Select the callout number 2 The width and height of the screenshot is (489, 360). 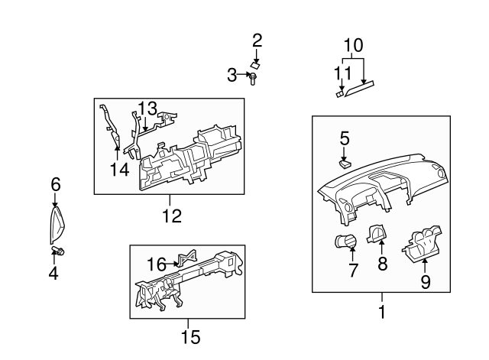[257, 40]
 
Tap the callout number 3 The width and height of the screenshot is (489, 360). [232, 74]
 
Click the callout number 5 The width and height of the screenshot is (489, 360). [345, 138]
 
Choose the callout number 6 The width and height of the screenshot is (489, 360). [55, 184]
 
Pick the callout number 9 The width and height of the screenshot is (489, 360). [426, 282]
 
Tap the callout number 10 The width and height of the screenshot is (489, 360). [353, 45]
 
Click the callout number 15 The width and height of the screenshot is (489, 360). [189, 336]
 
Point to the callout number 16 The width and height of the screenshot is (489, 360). [156, 264]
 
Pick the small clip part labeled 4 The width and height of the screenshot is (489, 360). [58, 251]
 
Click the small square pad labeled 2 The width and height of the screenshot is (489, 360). [257, 65]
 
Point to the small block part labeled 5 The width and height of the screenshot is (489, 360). [345, 161]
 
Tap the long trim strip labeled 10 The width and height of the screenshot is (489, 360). [360, 91]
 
